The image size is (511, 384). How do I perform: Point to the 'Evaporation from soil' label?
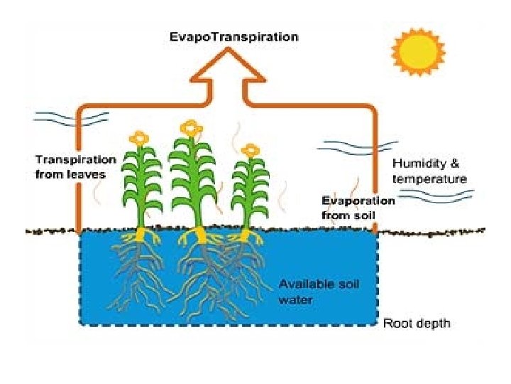(358, 207)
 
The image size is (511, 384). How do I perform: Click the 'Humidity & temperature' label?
(430, 171)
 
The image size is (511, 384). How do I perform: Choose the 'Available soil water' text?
(319, 292)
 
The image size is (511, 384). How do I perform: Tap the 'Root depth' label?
(417, 324)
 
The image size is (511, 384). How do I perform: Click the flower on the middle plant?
(190, 128)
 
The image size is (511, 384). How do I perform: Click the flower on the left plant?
(140, 137)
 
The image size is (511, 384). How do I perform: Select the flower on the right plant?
(249, 151)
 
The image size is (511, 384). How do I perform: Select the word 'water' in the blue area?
(295, 299)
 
